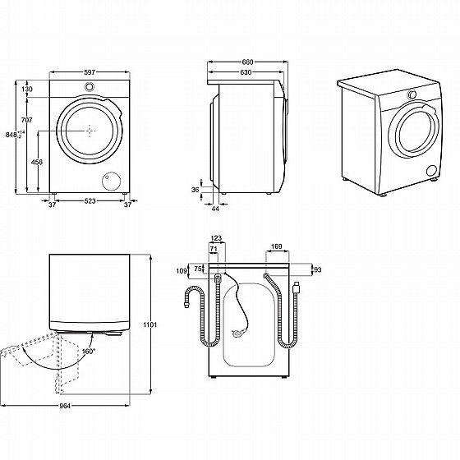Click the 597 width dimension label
(90, 72)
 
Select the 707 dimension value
(26, 120)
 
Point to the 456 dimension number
(37, 162)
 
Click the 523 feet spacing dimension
(90, 201)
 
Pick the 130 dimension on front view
(27, 90)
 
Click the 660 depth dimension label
(247, 62)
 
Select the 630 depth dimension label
(246, 72)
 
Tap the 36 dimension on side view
(195, 190)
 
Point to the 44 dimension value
(215, 209)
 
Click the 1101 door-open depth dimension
(150, 324)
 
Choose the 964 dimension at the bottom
(65, 406)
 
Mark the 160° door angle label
(89, 352)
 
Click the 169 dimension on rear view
(276, 246)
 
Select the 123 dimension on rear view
(216, 238)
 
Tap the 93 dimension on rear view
(318, 269)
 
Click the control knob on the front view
(90, 86)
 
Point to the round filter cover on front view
(112, 181)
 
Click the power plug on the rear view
(238, 333)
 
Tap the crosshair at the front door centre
(90, 131)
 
